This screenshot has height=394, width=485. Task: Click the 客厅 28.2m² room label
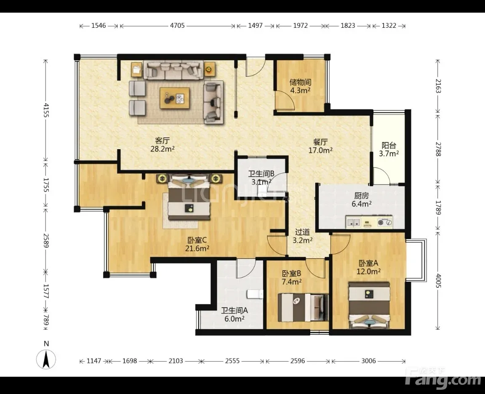click(x=163, y=145)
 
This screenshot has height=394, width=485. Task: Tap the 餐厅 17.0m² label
click(x=320, y=146)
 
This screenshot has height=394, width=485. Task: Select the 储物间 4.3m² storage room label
click(x=300, y=86)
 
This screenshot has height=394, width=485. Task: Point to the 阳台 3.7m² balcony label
click(x=389, y=149)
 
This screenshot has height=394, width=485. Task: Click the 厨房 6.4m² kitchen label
click(x=362, y=200)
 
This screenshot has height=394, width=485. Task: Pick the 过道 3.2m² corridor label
click(x=303, y=236)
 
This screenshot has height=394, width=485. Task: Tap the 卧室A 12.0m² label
click(x=368, y=267)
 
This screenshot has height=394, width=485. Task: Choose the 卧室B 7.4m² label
click(x=292, y=278)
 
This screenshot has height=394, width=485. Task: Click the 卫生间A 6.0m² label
click(x=235, y=314)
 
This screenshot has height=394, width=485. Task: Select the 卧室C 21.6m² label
click(x=197, y=244)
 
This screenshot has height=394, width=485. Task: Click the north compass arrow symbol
click(x=46, y=359)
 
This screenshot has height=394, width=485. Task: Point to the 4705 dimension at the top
click(x=177, y=26)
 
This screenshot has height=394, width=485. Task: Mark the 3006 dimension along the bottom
click(x=368, y=361)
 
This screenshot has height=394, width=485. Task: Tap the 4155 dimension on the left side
click(x=46, y=110)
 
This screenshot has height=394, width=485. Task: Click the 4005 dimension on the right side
click(x=438, y=280)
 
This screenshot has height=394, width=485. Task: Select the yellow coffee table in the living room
click(x=175, y=98)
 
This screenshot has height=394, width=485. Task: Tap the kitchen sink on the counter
click(x=353, y=222)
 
